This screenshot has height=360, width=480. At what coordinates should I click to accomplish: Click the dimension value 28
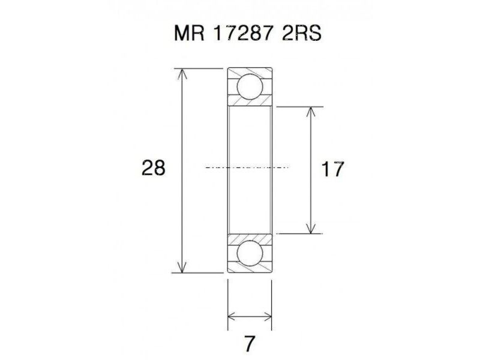[153, 168]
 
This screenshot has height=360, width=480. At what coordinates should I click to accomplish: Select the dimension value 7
[250, 343]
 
